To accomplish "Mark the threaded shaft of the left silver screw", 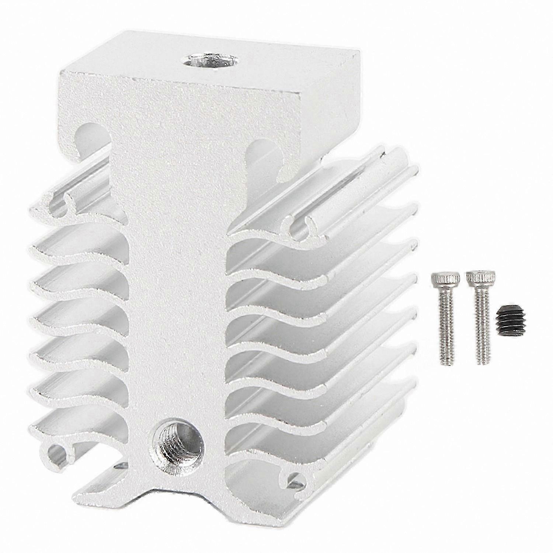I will coord(447,324).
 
